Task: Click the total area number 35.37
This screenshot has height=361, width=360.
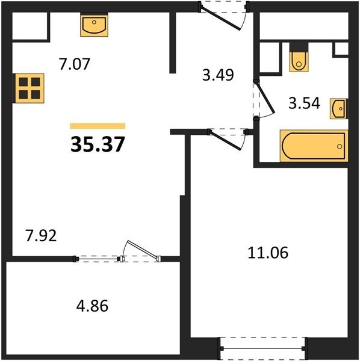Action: click(98, 144)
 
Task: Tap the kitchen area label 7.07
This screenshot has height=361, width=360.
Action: click(74, 64)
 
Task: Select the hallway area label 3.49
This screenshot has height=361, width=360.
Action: click(218, 75)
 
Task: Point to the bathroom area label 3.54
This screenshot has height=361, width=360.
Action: click(304, 103)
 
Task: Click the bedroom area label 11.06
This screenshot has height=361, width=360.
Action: click(268, 253)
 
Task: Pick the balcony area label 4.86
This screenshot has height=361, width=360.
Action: click(92, 306)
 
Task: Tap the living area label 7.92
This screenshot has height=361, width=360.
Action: click(41, 236)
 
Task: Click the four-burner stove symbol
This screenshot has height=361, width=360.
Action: click(28, 88)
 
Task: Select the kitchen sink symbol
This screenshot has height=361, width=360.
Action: click(94, 25)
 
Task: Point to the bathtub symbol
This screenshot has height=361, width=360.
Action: click(314, 146)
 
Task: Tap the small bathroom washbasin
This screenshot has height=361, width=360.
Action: click(338, 109)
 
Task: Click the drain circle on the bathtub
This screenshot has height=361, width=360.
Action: click(340, 146)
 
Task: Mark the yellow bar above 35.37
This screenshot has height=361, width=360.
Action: click(98, 126)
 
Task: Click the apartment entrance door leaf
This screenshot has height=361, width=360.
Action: click(221, 19)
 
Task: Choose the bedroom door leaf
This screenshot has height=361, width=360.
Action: click(226, 141)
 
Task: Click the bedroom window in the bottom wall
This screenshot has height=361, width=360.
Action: click(263, 348)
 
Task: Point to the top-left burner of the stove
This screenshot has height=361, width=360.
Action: click(23, 82)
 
